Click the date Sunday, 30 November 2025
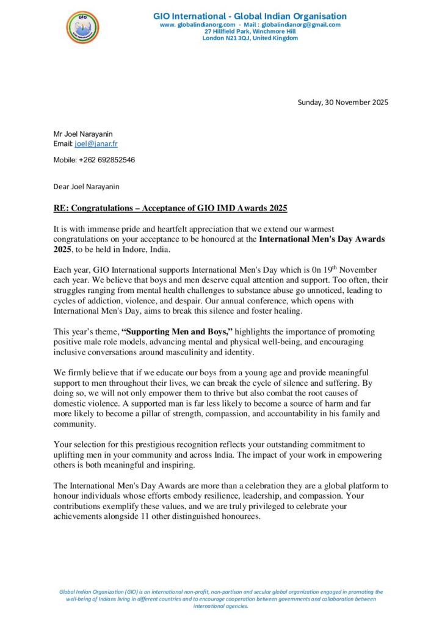tap(342, 102)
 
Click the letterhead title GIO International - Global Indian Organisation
tap(250, 16)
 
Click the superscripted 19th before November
tap(327, 269)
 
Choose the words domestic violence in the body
tap(89, 404)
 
